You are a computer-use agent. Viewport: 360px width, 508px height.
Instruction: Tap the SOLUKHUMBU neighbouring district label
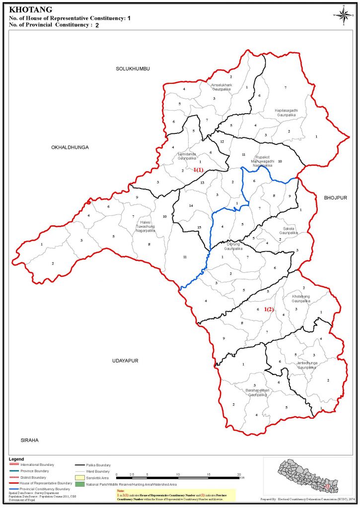click(133, 68)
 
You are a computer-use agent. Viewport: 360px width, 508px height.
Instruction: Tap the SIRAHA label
click(29, 440)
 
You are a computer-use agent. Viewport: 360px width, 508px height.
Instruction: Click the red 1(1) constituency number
click(198, 170)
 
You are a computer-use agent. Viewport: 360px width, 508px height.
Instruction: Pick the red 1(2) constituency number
click(269, 310)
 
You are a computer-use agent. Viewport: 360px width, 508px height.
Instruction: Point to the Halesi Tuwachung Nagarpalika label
click(145, 227)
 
